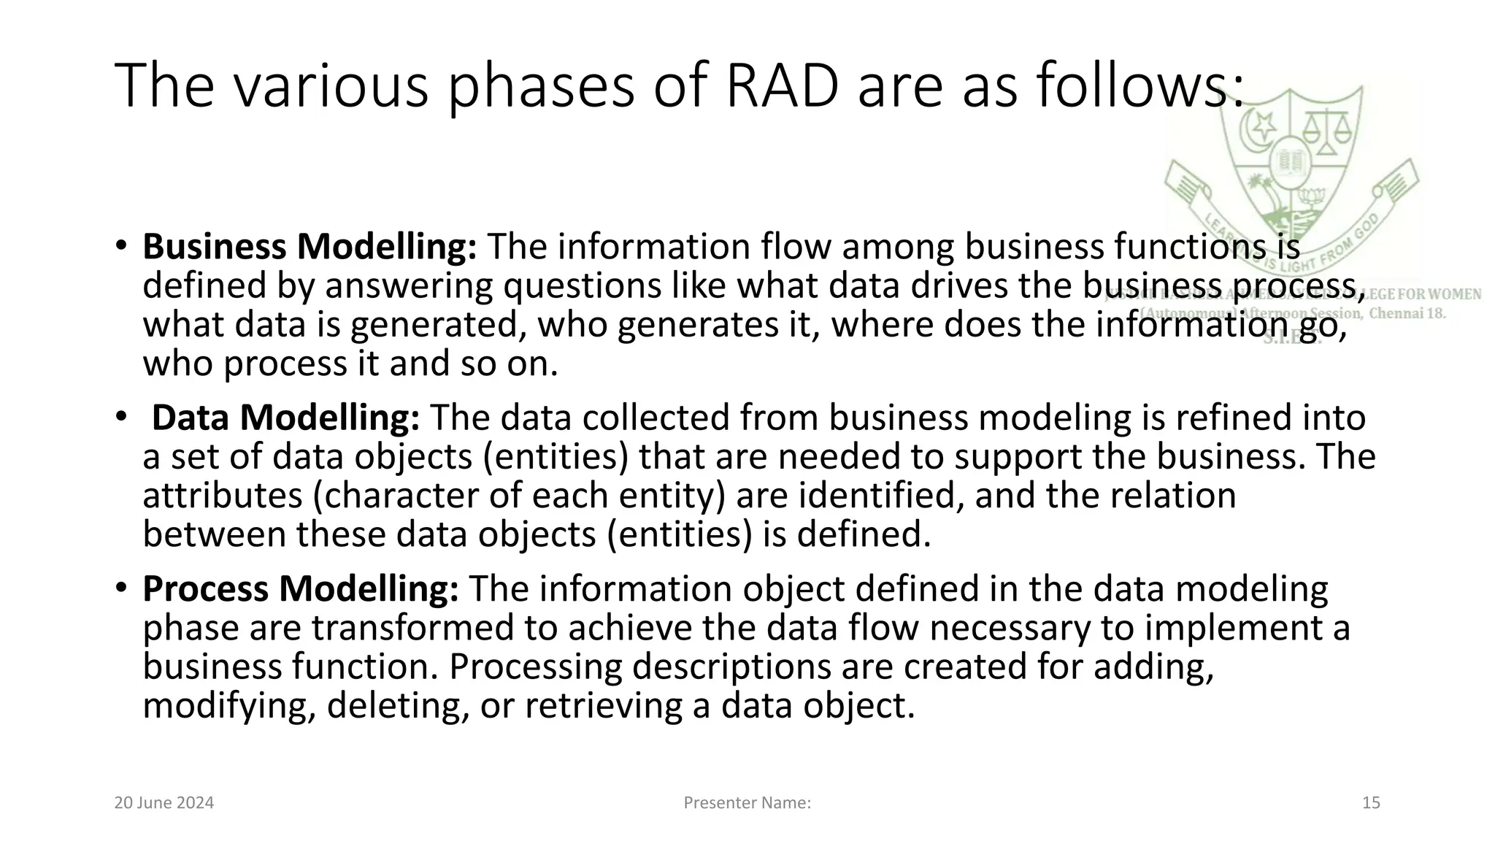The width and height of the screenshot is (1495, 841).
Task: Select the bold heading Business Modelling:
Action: pyautogui.click(x=310, y=247)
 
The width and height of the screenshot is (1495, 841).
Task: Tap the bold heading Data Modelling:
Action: pyautogui.click(x=285, y=418)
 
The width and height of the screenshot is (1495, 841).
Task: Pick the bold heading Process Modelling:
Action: pyautogui.click(x=300, y=588)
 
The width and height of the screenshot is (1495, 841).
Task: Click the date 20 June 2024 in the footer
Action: pyautogui.click(x=164, y=803)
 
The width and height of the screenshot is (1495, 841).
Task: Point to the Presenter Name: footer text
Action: pyautogui.click(x=747, y=803)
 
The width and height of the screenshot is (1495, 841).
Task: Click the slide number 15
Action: pyautogui.click(x=1371, y=803)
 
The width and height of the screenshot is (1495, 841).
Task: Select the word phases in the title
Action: pyautogui.click(x=540, y=86)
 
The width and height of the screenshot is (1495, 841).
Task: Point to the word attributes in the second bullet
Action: pyautogui.click(x=222, y=496)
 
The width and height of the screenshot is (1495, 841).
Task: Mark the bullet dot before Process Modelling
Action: pyautogui.click(x=122, y=588)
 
